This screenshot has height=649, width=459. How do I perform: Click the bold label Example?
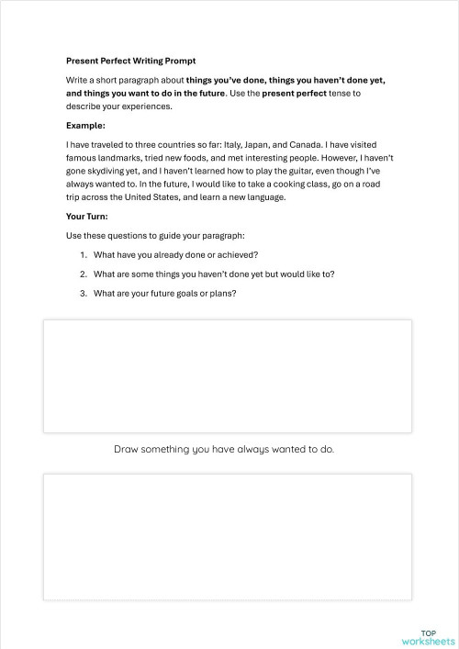click(85, 125)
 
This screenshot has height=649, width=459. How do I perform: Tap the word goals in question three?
click(180, 293)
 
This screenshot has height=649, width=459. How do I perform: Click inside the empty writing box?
click(227, 375)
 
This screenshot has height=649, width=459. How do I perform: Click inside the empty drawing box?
click(227, 536)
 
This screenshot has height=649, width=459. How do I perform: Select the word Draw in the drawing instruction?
click(127, 450)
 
